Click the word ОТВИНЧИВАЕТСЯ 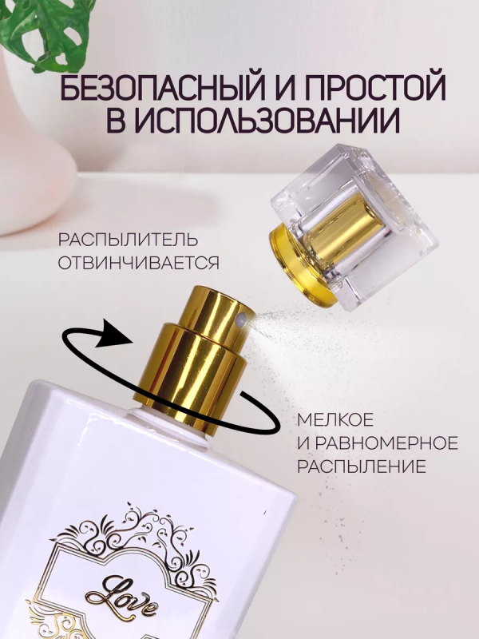pos(138,263)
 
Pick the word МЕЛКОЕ pos(335,420)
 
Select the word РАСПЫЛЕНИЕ pos(362,466)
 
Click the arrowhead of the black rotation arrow pos(116,332)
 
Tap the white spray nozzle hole pos(243,318)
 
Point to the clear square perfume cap pos(352,228)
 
